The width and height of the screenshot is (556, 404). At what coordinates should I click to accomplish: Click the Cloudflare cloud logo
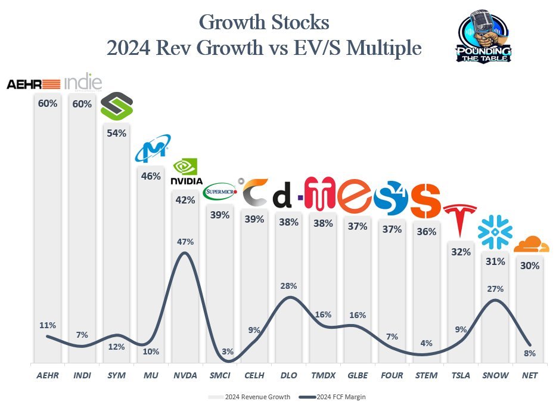click(530, 245)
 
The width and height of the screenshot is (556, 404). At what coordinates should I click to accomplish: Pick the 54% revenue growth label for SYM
click(116, 133)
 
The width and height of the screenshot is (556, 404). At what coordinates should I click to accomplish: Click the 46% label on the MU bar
click(151, 176)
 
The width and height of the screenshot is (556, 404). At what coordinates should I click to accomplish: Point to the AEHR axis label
click(48, 375)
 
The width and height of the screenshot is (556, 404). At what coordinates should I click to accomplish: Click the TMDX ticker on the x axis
click(322, 375)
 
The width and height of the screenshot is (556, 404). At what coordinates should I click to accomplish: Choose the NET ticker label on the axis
click(529, 375)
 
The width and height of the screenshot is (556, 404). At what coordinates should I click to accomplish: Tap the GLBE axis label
click(357, 375)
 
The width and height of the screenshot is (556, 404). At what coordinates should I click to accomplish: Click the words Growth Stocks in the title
click(263, 23)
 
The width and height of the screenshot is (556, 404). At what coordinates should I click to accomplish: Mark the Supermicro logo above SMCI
click(220, 192)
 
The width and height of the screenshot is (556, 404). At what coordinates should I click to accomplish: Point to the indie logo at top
click(82, 82)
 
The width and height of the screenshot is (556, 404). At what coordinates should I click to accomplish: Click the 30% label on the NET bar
click(529, 266)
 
